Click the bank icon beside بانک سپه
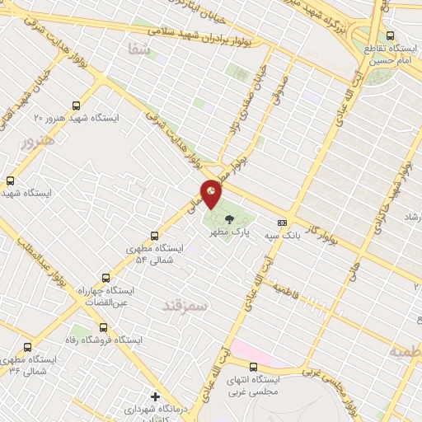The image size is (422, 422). (283, 223)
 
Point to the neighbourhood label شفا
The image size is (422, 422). (137, 49)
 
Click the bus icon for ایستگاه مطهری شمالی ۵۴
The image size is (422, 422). (154, 236)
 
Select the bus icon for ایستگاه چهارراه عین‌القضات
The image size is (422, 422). (105, 278)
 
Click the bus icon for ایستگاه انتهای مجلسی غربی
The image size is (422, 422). (253, 367)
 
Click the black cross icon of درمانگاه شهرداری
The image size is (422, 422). (155, 396)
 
